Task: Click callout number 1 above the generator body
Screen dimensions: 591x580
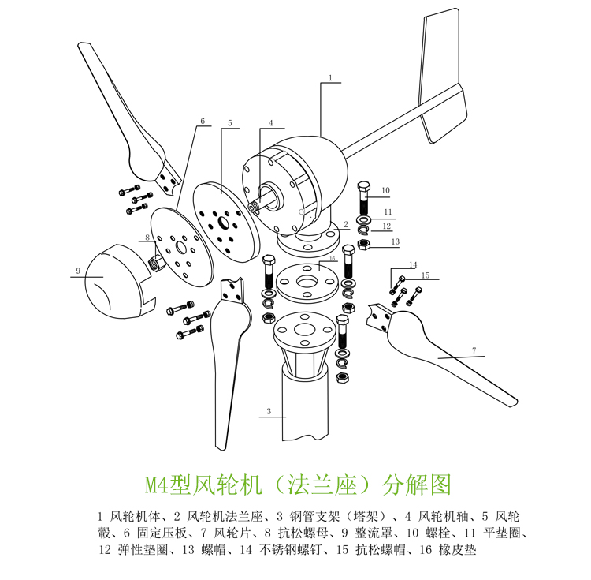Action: pos(330,78)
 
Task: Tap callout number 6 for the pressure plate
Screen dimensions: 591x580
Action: pos(203,121)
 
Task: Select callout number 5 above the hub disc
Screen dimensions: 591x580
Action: pos(230,123)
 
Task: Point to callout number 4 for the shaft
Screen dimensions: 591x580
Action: pos(270,123)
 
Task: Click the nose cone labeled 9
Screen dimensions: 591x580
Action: pos(119,281)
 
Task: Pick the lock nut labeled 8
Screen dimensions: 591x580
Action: pos(157,261)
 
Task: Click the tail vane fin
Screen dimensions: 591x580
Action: pos(442,76)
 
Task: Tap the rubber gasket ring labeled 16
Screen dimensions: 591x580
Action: pos(307,283)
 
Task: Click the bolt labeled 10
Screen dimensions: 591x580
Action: pos(364,198)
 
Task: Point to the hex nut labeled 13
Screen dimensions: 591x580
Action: pos(363,245)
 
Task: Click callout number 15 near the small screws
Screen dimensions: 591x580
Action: pos(426,275)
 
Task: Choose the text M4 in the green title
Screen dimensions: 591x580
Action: pos(157,485)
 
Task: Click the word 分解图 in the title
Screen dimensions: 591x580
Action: pos(417,485)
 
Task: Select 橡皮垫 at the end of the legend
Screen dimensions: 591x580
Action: pos(457,549)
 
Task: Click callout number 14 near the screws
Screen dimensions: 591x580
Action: pos(414,265)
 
